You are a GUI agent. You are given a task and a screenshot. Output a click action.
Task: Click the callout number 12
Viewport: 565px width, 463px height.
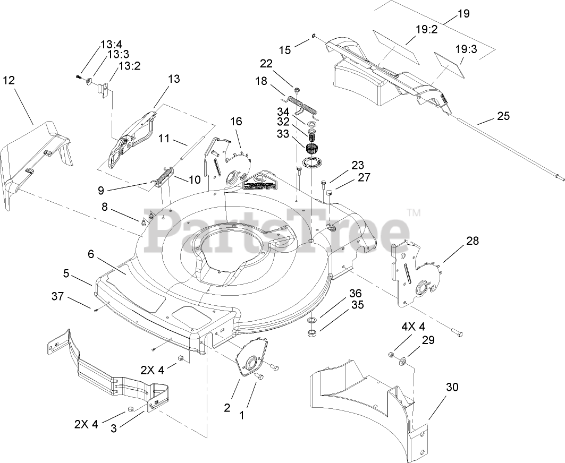(9, 80)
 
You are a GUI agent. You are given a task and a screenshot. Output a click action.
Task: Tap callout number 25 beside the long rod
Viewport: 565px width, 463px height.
(502, 116)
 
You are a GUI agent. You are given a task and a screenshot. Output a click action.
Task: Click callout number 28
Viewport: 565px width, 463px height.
(472, 241)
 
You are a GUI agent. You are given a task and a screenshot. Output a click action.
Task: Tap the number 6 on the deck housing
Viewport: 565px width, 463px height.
(91, 255)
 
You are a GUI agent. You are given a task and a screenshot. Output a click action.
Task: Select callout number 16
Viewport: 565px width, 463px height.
(235, 122)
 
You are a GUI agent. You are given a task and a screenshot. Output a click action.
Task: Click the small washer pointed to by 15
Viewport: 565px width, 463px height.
(314, 36)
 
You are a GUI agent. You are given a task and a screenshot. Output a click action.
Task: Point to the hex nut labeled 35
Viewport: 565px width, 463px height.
(312, 333)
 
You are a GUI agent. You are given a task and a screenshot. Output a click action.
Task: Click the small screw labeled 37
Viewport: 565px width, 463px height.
(96, 310)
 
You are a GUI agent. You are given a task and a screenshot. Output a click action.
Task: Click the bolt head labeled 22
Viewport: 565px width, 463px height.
(296, 89)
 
